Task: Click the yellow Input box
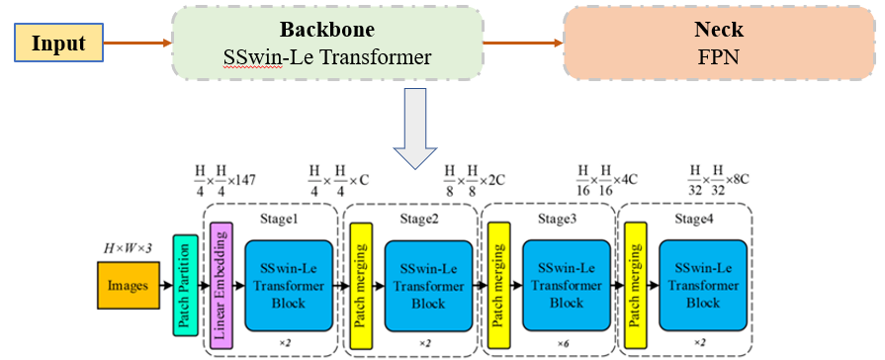click(58, 44)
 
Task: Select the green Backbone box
click(327, 44)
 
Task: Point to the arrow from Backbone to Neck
click(522, 44)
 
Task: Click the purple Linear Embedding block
click(221, 288)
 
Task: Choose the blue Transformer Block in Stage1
click(287, 287)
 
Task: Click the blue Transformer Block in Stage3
click(567, 287)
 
